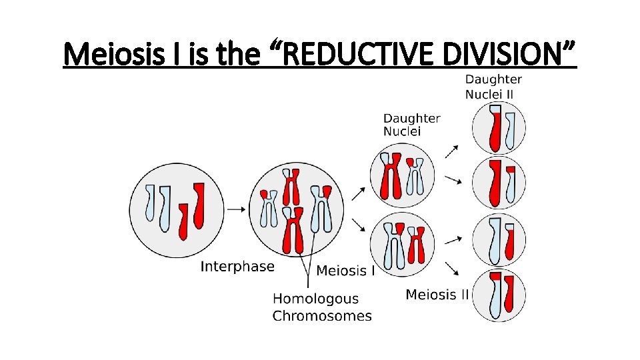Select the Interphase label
(237, 267)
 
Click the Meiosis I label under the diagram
(345, 271)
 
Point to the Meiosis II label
(437, 295)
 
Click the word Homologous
(315, 299)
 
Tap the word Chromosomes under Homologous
(322, 316)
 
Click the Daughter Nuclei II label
(493, 87)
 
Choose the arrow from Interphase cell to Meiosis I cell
(235, 209)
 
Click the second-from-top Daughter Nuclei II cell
(499, 182)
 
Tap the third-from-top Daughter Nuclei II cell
(499, 239)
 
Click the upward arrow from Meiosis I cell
(358, 193)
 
